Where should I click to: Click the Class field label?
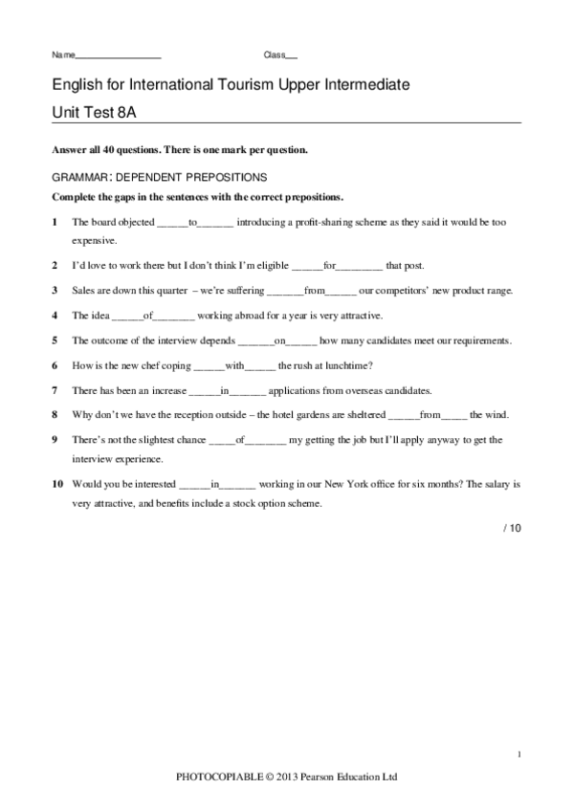(x=275, y=54)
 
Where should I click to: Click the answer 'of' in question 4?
(x=147, y=315)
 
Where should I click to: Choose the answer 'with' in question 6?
(x=236, y=364)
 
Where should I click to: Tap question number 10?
(x=58, y=484)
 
